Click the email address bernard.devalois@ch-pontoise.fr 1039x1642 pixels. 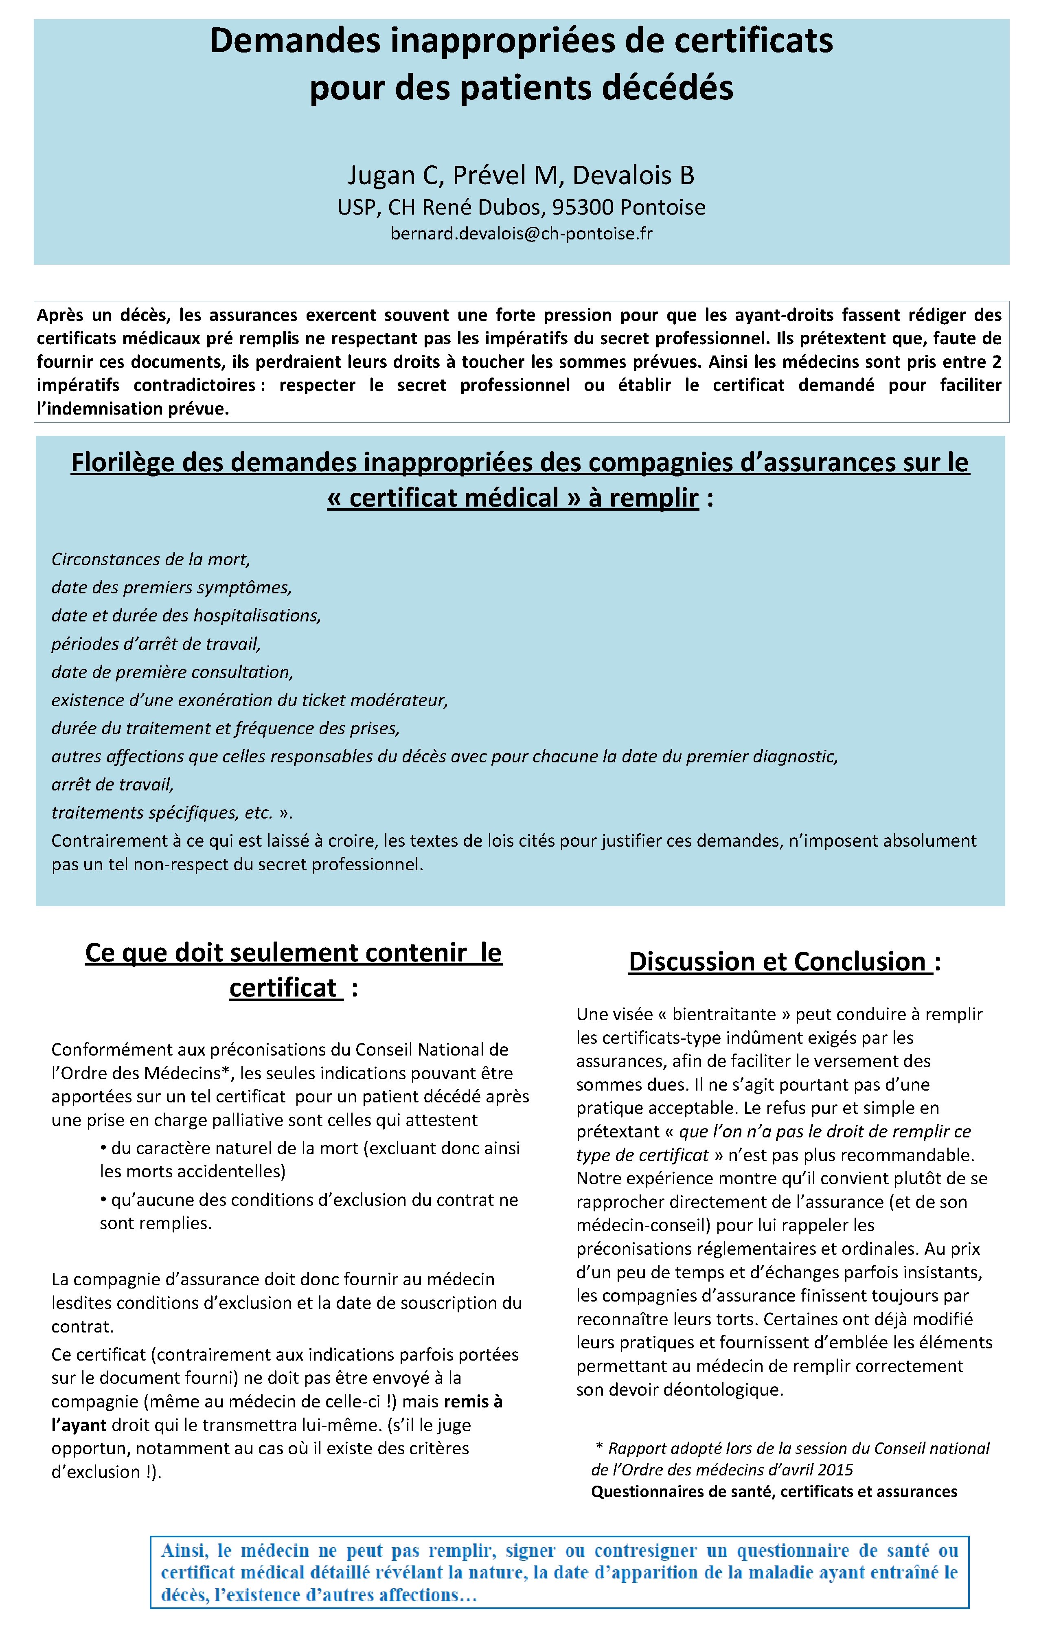521,234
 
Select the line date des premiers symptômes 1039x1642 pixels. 171,587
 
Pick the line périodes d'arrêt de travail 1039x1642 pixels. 156,644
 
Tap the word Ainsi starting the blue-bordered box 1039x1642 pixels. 183,1551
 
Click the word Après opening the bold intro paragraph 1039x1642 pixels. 60,315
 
